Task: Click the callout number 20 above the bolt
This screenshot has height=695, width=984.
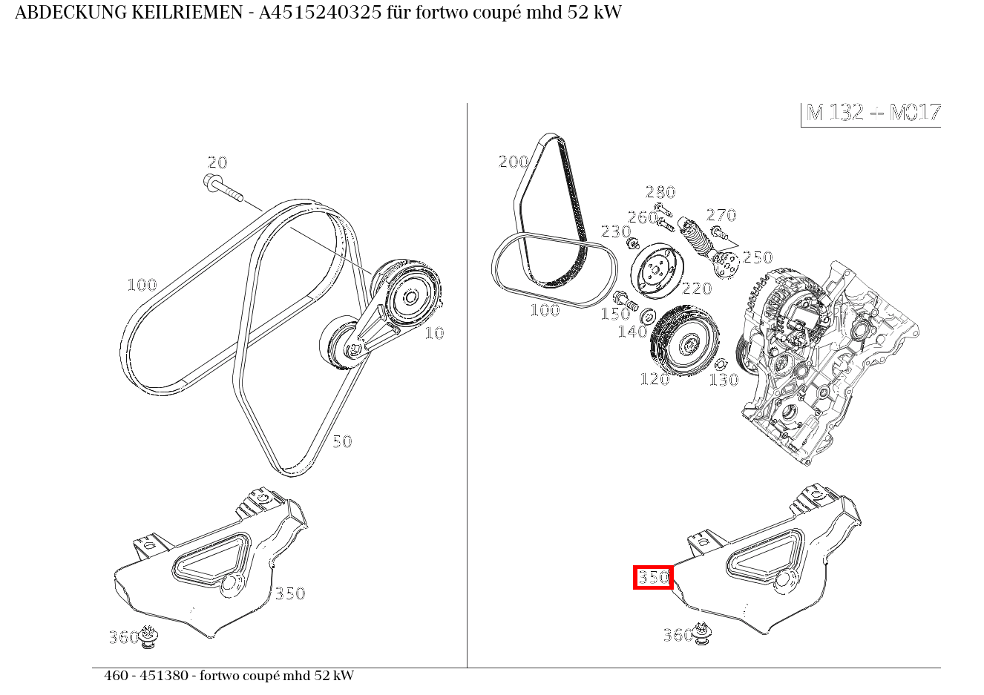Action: point(217,163)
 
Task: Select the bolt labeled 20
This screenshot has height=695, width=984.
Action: point(223,188)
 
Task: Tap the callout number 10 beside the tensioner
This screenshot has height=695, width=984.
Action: point(434,333)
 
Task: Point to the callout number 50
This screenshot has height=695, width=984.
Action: point(342,441)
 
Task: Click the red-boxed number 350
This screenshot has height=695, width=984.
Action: point(653,577)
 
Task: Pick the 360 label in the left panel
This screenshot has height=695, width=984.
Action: point(123,637)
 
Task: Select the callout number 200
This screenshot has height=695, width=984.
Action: point(514,162)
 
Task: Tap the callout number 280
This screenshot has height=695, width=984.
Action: point(660,192)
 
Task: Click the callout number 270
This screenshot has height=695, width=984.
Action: point(721,215)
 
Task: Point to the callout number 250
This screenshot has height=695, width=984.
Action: point(758,257)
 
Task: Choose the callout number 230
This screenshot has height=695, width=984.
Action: point(616,231)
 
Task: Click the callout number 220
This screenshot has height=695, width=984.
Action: point(697,289)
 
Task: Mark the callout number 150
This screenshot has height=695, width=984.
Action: point(615,314)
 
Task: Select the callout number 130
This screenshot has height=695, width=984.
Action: point(724,380)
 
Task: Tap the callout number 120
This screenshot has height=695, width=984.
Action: point(655,379)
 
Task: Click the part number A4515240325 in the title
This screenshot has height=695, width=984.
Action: point(321,13)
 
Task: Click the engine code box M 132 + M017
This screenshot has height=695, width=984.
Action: point(870,114)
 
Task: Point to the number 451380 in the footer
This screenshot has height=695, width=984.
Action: point(164,676)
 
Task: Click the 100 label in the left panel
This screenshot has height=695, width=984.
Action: point(142,286)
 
